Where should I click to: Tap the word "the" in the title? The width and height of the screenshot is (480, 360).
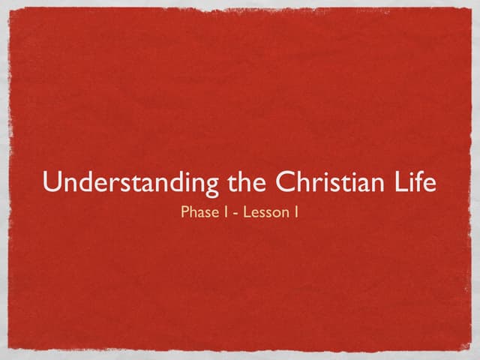click(x=247, y=183)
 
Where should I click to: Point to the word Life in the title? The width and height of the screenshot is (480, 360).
click(x=416, y=183)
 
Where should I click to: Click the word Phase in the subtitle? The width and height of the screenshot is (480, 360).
click(x=199, y=212)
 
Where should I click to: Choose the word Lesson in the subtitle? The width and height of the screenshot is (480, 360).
click(x=266, y=212)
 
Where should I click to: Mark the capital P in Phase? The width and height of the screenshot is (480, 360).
click(x=185, y=212)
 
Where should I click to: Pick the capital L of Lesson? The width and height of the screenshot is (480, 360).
click(x=248, y=212)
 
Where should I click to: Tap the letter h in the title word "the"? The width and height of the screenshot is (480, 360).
click(x=247, y=182)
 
